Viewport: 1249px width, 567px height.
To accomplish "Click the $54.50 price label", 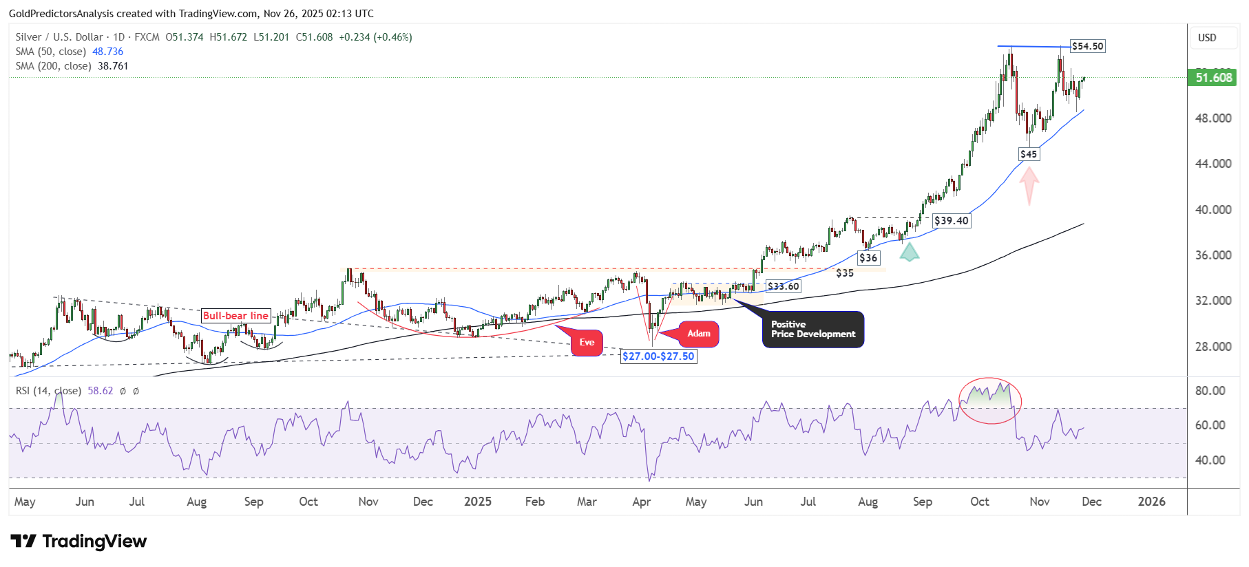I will [1088, 46].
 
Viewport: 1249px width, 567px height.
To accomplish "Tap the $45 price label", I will [1029, 154].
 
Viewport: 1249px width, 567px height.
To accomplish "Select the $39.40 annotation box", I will [952, 221].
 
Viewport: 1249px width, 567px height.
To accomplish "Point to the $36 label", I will [868, 258].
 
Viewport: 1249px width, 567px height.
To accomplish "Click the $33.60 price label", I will [784, 286].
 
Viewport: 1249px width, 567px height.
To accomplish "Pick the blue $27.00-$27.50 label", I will [658, 356].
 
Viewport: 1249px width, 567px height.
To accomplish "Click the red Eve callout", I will [587, 343].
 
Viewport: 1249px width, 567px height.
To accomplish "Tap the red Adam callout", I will [699, 334].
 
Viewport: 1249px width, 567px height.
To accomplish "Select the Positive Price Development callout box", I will [813, 330].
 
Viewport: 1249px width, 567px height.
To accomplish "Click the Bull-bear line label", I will [235, 316].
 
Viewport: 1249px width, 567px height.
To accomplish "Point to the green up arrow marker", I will [910, 253].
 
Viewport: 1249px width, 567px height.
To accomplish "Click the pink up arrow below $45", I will [1029, 186].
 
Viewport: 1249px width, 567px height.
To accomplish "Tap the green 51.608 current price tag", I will [1213, 78].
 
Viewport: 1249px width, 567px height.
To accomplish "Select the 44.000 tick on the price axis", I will [1213, 164].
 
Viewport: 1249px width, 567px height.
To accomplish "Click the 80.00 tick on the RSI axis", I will [1210, 391].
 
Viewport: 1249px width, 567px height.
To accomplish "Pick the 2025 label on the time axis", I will [478, 502].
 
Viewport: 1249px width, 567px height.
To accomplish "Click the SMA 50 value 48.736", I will [108, 52].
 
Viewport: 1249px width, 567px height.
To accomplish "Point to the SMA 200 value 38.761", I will [113, 66].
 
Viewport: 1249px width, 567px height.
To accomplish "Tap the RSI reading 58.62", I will [101, 391].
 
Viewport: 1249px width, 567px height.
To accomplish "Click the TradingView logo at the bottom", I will [78, 542].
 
